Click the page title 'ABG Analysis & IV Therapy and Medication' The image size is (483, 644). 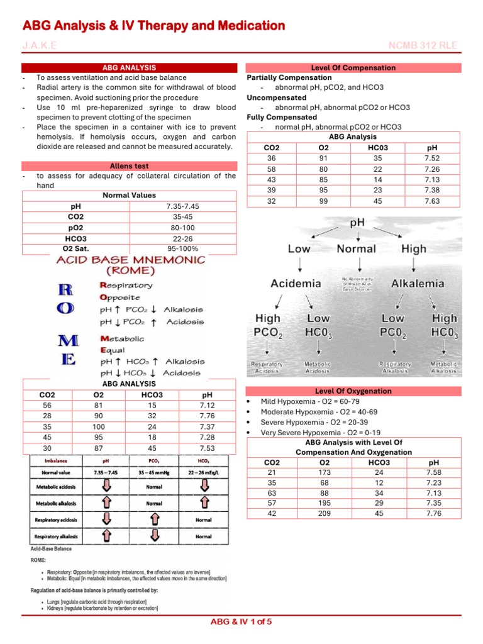click(154, 26)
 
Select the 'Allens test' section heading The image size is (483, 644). click(129, 166)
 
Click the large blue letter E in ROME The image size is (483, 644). click(67, 360)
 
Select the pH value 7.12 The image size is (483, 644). click(208, 406)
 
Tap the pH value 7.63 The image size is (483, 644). click(433, 201)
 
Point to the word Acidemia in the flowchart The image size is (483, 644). click(296, 283)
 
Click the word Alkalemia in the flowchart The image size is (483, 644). click(417, 283)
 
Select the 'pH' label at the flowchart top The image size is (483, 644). click(357, 223)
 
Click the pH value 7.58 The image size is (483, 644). click(433, 472)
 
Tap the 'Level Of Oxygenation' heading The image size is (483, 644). click(353, 391)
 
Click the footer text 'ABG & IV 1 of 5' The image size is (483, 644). click(241, 622)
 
